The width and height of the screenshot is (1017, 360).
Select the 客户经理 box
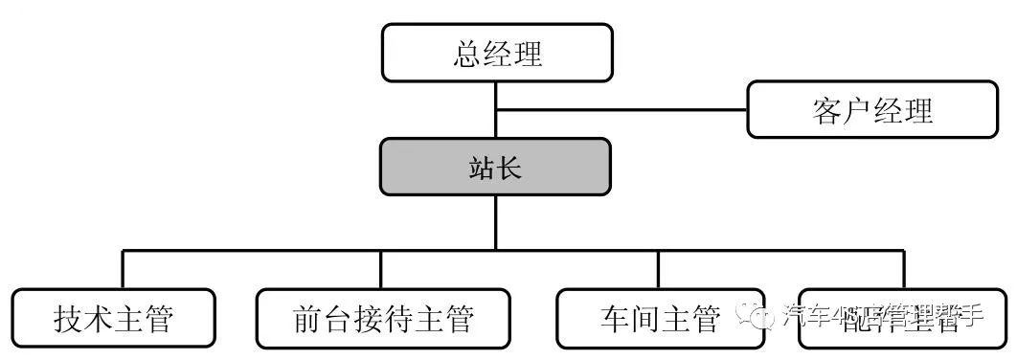pyautogui.click(x=870, y=110)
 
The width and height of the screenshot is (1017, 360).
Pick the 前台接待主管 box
pyautogui.click(x=382, y=319)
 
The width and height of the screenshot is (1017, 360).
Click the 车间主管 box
pyautogui.click(x=660, y=319)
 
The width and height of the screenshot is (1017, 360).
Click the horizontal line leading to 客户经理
pyautogui.click(x=622, y=109)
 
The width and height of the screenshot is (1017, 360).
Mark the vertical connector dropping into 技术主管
pyautogui.click(x=123, y=270)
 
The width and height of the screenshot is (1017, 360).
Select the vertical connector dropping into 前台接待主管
pyautogui.click(x=381, y=270)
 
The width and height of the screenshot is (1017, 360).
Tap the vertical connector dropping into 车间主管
pyautogui.click(x=658, y=270)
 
